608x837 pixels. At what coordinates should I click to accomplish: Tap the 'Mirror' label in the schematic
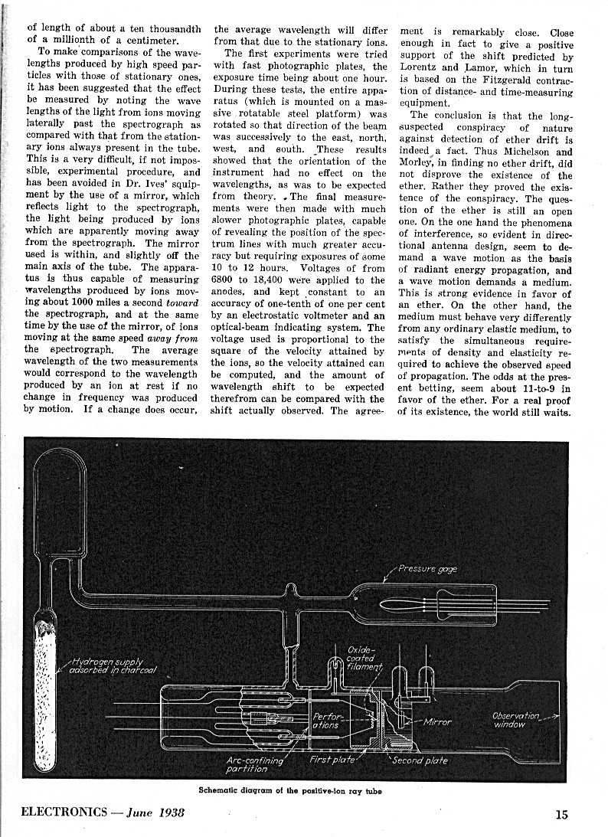coord(436,721)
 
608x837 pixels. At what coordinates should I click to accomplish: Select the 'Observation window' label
coord(515,720)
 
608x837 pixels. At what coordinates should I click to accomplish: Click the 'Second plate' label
coord(420,760)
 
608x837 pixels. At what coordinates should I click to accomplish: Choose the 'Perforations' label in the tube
coord(326,721)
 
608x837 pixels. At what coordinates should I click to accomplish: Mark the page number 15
coord(561,815)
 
